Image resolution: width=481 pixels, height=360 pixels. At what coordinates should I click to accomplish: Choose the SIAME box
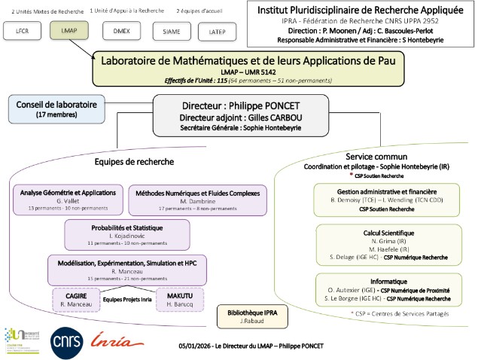click(171, 31)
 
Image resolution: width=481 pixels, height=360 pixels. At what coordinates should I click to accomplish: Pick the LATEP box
click(217, 31)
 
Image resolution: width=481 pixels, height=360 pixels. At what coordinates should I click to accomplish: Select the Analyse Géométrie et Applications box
click(68, 200)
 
